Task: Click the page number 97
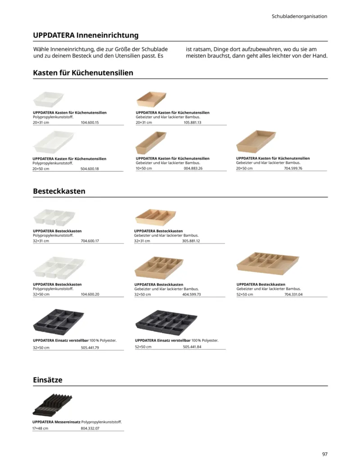[324, 454]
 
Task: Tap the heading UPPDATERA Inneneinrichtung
[85, 35]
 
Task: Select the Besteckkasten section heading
[59, 191]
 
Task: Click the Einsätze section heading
[48, 380]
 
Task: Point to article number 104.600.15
[90, 122]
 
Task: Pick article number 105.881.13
[192, 122]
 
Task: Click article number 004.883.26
[193, 168]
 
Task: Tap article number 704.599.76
[293, 168]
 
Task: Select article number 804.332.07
[90, 428]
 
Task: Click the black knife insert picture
[52, 404]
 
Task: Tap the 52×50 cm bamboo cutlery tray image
[267, 263]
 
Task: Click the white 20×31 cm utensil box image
[48, 99]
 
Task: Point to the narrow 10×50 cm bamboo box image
[151, 143]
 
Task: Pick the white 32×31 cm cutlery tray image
[54, 217]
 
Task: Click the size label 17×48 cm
[40, 428]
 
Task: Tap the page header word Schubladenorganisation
[299, 16]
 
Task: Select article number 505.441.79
[90, 347]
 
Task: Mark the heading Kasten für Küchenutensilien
[83, 72]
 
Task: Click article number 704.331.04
[293, 294]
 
